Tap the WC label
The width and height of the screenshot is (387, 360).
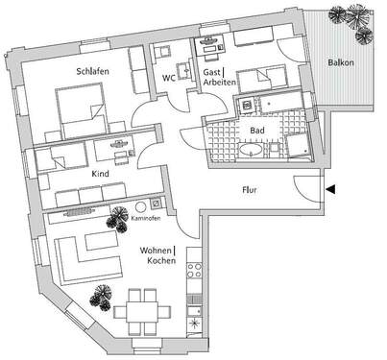tap(168, 78)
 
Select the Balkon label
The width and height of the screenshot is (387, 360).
tap(341, 61)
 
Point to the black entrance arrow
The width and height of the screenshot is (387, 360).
tap(330, 189)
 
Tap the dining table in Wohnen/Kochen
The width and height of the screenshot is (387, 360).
tap(143, 310)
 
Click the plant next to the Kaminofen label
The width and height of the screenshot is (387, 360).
tap(119, 220)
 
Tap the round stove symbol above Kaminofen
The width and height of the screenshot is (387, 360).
tap(141, 206)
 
